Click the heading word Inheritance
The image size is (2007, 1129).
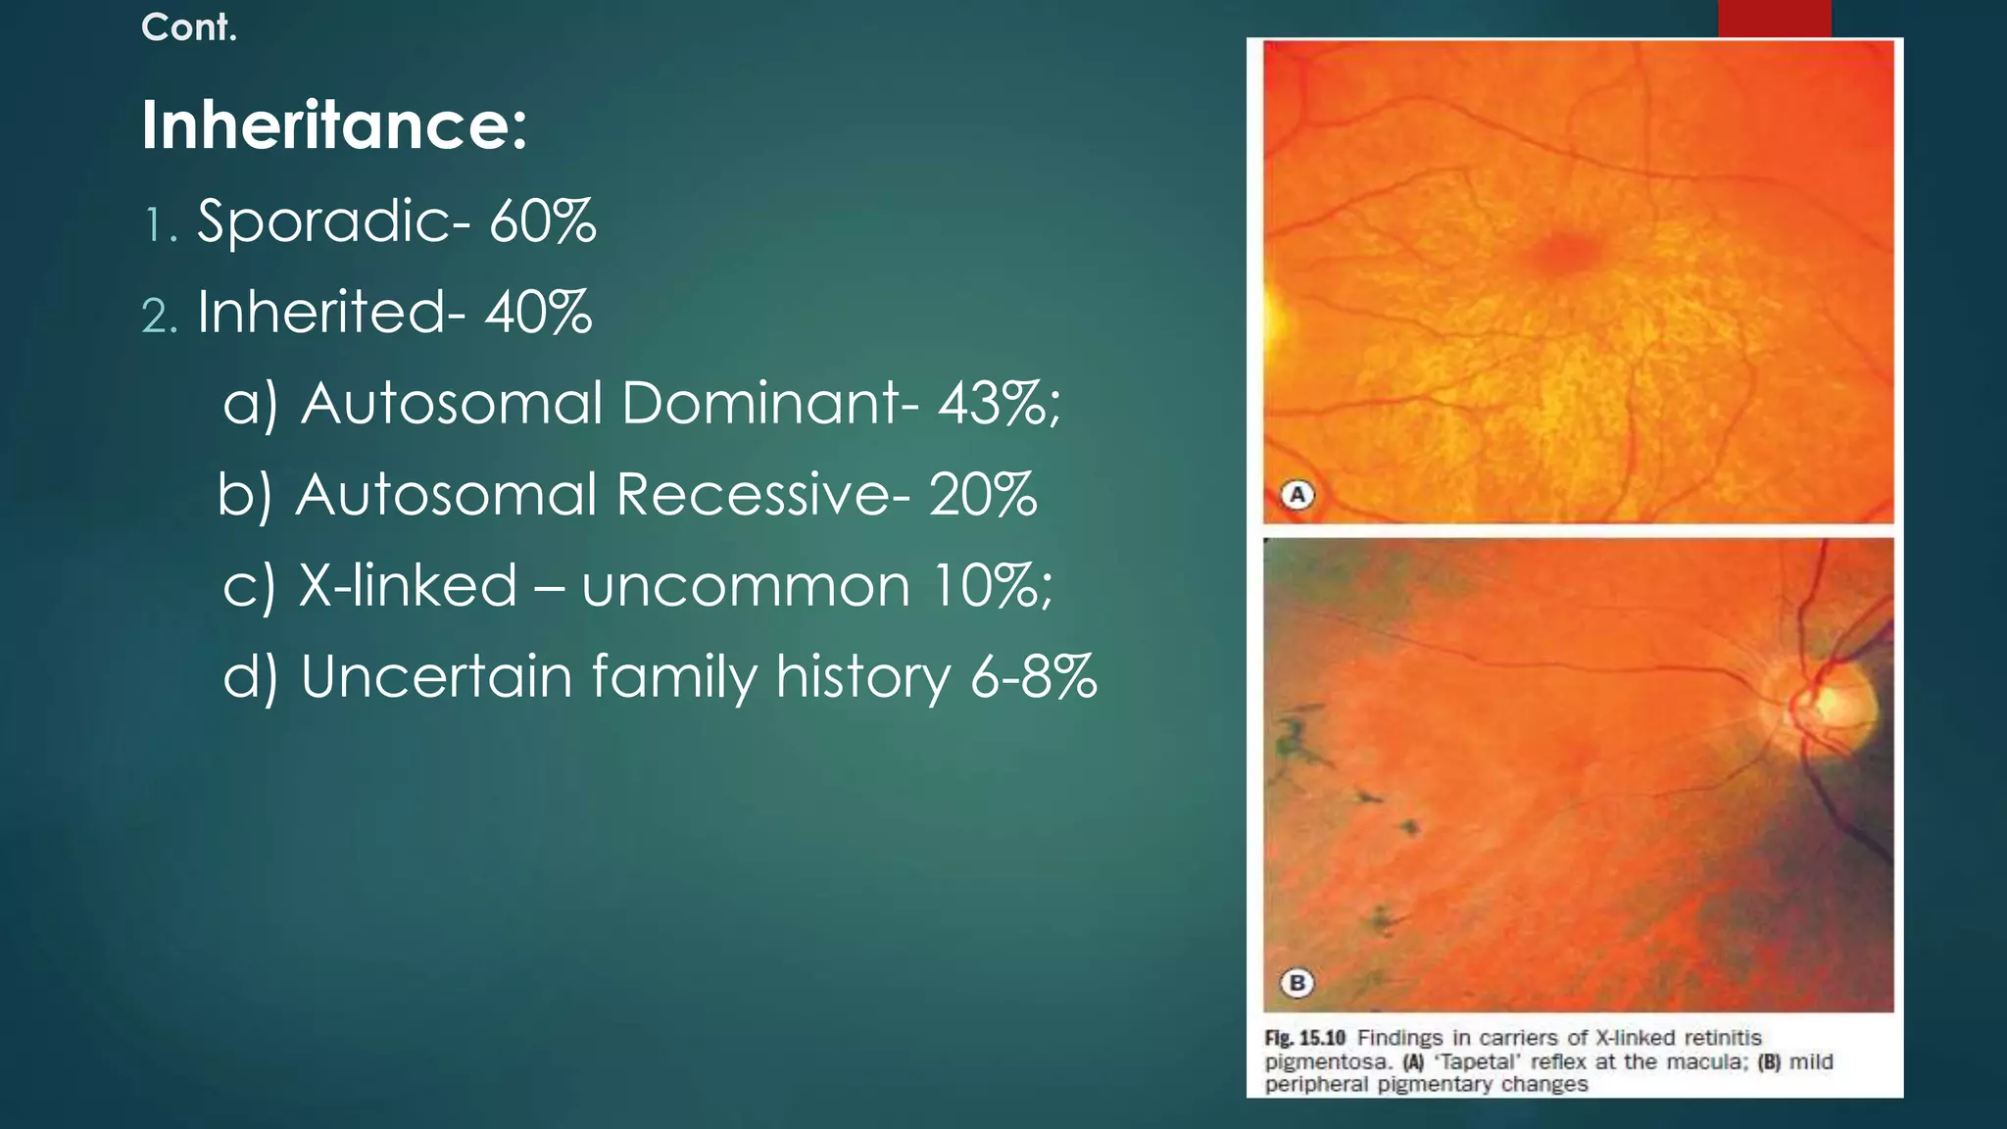point(333,125)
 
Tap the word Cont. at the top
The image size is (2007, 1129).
point(189,27)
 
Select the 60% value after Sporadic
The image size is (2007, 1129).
point(542,221)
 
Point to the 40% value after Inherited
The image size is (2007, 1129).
point(538,312)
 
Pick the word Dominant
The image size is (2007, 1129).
point(760,403)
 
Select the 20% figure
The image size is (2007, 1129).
point(982,494)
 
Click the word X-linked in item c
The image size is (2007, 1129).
point(408,585)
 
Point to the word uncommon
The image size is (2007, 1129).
point(746,587)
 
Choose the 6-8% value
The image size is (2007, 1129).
point(1033,676)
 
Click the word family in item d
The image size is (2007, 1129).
point(674,678)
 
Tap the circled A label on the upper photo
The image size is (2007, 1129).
point(1297,495)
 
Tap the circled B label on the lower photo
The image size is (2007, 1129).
point(1297,982)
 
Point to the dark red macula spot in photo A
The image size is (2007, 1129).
point(1565,253)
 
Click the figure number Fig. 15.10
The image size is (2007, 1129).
point(1304,1038)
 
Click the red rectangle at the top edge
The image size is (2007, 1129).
point(1774,18)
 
